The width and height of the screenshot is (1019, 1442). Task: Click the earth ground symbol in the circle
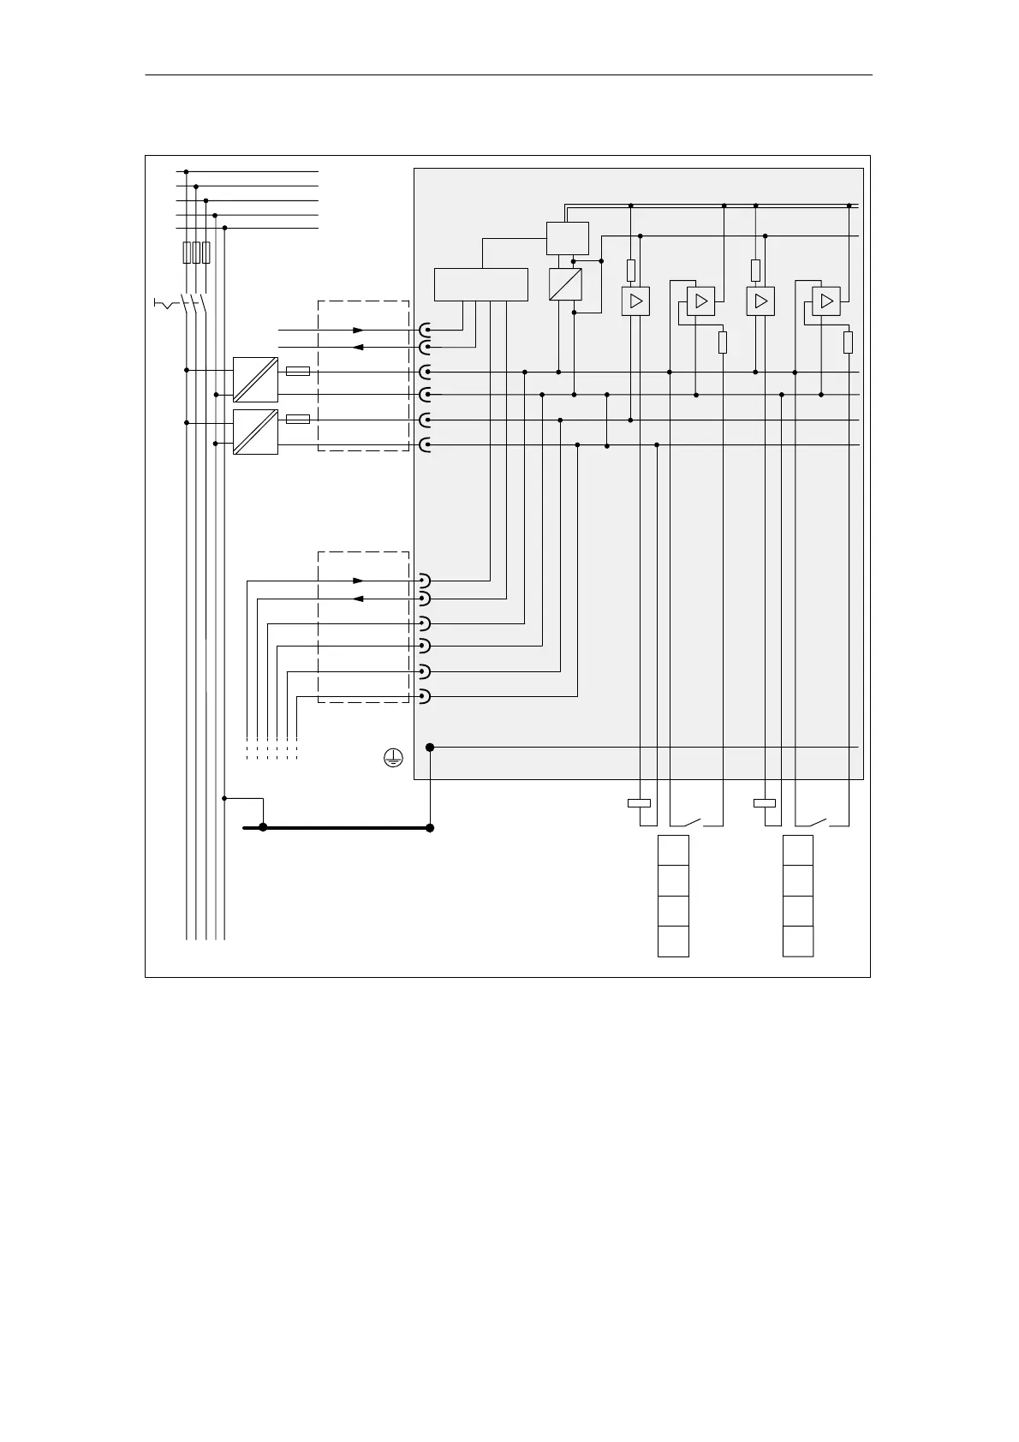coord(392,756)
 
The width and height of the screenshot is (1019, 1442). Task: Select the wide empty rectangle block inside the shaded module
coord(480,284)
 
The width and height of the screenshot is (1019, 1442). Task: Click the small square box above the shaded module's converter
coord(567,237)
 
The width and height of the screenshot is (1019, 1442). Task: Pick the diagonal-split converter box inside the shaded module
coord(564,284)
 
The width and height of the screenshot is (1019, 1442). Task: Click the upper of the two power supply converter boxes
coord(255,379)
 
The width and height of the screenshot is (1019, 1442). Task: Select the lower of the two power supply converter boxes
coord(255,432)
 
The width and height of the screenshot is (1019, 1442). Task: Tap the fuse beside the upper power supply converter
coord(297,372)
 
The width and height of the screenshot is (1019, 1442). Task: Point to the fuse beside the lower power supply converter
coord(297,420)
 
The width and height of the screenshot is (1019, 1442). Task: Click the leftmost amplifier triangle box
coord(635,301)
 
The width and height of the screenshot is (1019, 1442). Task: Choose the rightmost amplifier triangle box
coord(825,301)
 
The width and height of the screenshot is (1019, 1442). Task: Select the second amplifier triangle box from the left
coord(700,301)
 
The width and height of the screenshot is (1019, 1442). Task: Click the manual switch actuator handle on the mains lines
coord(163,304)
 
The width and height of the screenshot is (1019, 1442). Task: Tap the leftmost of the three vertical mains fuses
coord(187,252)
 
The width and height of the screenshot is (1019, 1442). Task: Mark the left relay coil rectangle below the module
coord(639,803)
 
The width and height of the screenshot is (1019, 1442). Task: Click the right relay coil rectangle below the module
coord(764,803)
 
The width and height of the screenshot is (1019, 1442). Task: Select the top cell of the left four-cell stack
coord(673,850)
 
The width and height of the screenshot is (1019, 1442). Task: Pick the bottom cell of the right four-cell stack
coord(798,941)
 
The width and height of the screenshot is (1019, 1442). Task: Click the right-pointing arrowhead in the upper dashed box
coord(359,330)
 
